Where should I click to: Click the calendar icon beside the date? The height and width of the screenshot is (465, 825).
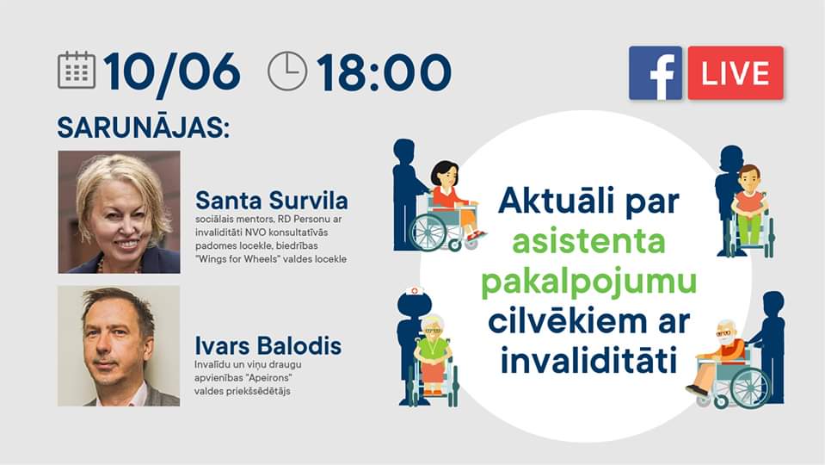point(77,70)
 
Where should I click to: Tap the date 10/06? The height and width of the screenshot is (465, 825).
point(172,72)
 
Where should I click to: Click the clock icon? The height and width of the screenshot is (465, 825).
point(287,71)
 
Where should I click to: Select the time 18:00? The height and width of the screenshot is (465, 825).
point(384,72)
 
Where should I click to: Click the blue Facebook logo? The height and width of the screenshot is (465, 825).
point(655,72)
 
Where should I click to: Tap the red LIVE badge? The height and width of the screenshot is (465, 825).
point(736,72)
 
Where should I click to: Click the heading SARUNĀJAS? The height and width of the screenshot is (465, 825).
point(144,127)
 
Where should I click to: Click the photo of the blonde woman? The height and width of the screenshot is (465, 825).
point(119,212)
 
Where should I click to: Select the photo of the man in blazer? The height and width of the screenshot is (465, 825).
point(119,346)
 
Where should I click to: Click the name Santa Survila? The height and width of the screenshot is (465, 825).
point(272,201)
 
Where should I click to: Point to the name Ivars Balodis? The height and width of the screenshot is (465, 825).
point(268,346)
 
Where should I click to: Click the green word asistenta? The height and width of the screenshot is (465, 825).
point(588,241)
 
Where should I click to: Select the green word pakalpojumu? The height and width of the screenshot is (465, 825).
point(588,282)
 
